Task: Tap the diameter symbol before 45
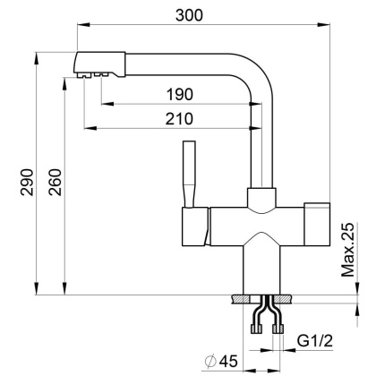tap(208, 361)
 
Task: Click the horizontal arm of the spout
tap(170, 62)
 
